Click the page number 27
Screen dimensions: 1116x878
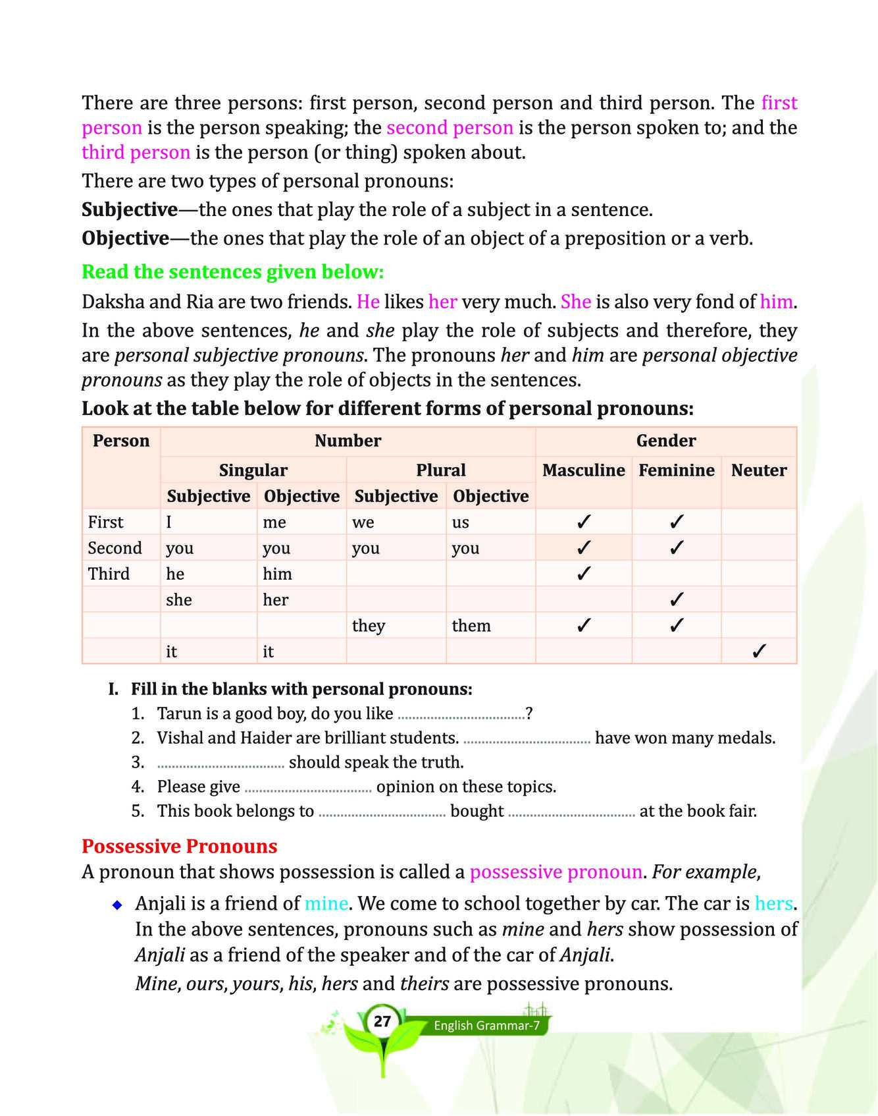click(382, 1022)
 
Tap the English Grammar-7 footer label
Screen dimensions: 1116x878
click(486, 1026)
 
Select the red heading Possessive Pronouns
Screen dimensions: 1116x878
click(179, 846)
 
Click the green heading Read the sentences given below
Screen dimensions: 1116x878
click(232, 271)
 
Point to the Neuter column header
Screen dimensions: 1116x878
click(759, 470)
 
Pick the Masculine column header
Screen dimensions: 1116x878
click(583, 470)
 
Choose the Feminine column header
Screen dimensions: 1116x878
click(676, 470)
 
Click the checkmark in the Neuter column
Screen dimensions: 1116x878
click(758, 652)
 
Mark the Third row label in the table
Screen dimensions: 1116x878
click(109, 574)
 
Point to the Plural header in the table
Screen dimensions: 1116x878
click(440, 470)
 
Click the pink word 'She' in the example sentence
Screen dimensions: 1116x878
click(576, 302)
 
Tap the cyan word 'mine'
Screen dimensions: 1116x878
click(326, 903)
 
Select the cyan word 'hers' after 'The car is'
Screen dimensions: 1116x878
click(773, 903)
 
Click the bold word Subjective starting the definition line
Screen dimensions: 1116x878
click(130, 209)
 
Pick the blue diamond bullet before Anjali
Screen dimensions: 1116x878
click(117, 905)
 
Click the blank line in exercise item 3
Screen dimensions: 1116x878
click(220, 766)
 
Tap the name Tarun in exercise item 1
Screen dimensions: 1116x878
click(176, 713)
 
